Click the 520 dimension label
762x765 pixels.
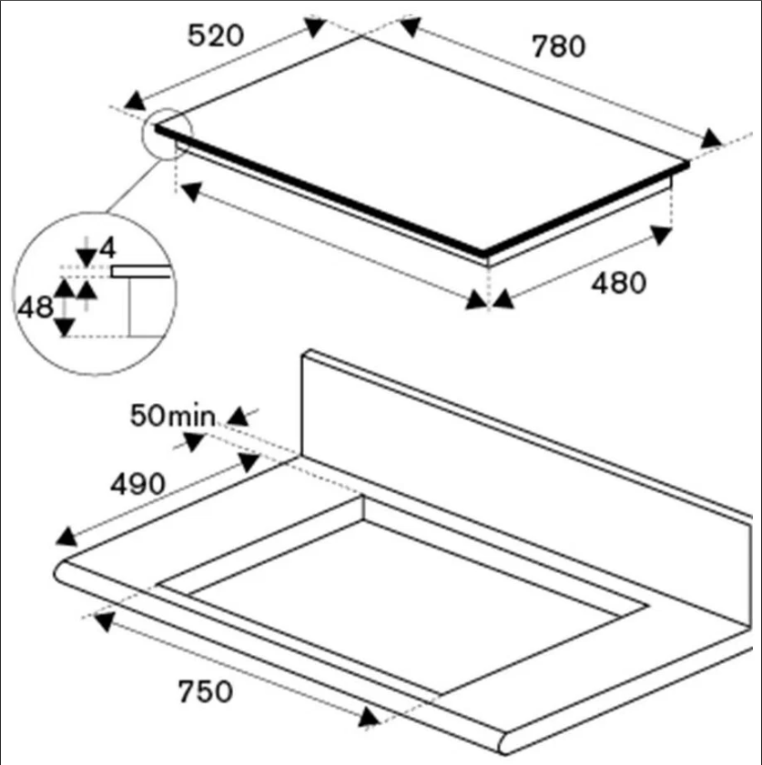[x=215, y=35]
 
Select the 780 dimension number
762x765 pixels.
[x=558, y=46]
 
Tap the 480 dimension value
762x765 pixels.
[x=618, y=283]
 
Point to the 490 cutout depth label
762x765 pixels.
[x=137, y=485]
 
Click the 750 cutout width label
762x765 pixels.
[x=205, y=691]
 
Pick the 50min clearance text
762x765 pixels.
[x=172, y=416]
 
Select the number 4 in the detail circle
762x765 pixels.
[x=107, y=248]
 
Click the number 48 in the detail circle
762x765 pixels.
[x=36, y=307]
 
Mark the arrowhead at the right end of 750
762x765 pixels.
[x=369, y=717]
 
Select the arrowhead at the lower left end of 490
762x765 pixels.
[x=66, y=537]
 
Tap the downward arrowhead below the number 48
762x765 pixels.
[x=65, y=327]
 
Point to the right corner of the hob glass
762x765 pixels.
[x=687, y=164]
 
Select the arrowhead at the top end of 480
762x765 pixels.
[x=662, y=235]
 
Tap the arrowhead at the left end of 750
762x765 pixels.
[x=104, y=622]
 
